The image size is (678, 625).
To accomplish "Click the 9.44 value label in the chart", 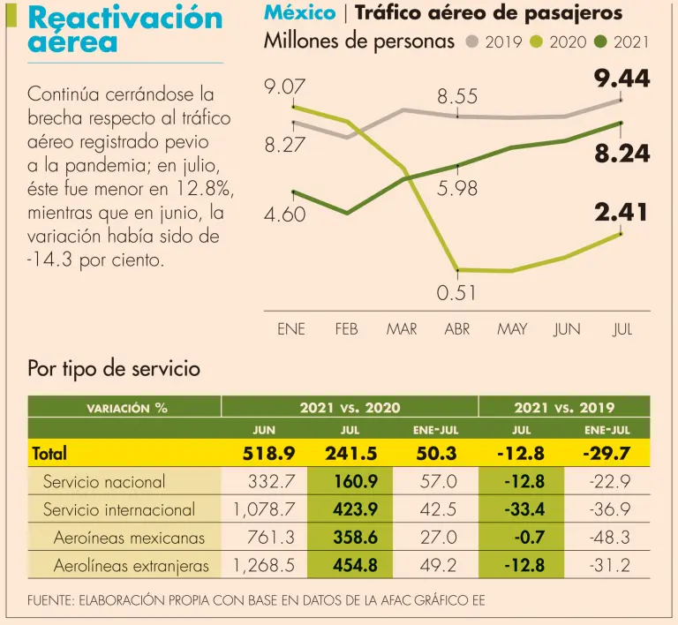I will (x=621, y=80).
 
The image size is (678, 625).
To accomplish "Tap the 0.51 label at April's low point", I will (x=456, y=292).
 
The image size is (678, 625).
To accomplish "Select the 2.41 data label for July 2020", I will (x=621, y=212).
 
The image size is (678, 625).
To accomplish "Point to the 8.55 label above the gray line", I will (x=457, y=97).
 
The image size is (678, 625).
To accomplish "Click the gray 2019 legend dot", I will (x=472, y=41).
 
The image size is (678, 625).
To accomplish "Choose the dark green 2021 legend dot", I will (x=600, y=41).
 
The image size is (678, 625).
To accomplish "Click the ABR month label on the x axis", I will (x=457, y=329).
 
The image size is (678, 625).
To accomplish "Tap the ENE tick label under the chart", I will (x=291, y=329).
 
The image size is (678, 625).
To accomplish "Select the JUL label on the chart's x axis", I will (x=622, y=329).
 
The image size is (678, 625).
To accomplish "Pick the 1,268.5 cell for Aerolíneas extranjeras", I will (x=264, y=565).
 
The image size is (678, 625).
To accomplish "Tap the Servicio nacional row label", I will (x=104, y=482).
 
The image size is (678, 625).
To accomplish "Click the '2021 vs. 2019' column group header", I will (x=564, y=407).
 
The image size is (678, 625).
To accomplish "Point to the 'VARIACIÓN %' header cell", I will (x=126, y=408).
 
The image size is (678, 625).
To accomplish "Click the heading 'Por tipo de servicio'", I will (x=114, y=369).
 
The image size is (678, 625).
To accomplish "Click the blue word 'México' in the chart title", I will (x=299, y=12).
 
